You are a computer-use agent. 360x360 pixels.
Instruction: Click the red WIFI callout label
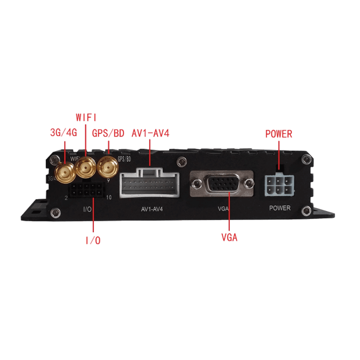(x=86, y=117)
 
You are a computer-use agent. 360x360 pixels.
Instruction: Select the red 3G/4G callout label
(x=63, y=132)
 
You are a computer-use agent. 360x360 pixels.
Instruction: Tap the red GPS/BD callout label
(x=108, y=133)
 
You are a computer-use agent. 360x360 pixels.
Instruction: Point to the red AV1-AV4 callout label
(x=150, y=133)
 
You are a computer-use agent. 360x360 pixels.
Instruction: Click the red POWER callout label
(x=279, y=134)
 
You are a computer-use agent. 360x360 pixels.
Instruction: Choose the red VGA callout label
(x=229, y=238)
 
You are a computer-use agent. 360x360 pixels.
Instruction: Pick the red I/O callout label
(x=93, y=240)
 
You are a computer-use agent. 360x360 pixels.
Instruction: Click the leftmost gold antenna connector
(x=65, y=173)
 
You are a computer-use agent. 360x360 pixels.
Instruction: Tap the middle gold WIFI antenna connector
(x=86, y=167)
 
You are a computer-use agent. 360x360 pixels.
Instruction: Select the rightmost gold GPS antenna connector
(x=108, y=167)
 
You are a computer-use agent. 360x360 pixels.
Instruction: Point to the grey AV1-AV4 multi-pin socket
(x=149, y=183)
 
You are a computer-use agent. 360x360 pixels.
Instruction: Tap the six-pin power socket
(x=279, y=186)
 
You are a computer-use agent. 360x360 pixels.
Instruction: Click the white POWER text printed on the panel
(x=279, y=208)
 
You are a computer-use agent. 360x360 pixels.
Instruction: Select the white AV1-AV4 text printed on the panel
(x=152, y=209)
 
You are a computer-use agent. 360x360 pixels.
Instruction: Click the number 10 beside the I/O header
(x=108, y=197)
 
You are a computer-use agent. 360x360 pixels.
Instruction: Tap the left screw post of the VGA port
(x=197, y=183)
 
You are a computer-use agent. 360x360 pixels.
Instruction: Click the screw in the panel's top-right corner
(x=306, y=159)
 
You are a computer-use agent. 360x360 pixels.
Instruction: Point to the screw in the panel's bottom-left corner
(x=55, y=213)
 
